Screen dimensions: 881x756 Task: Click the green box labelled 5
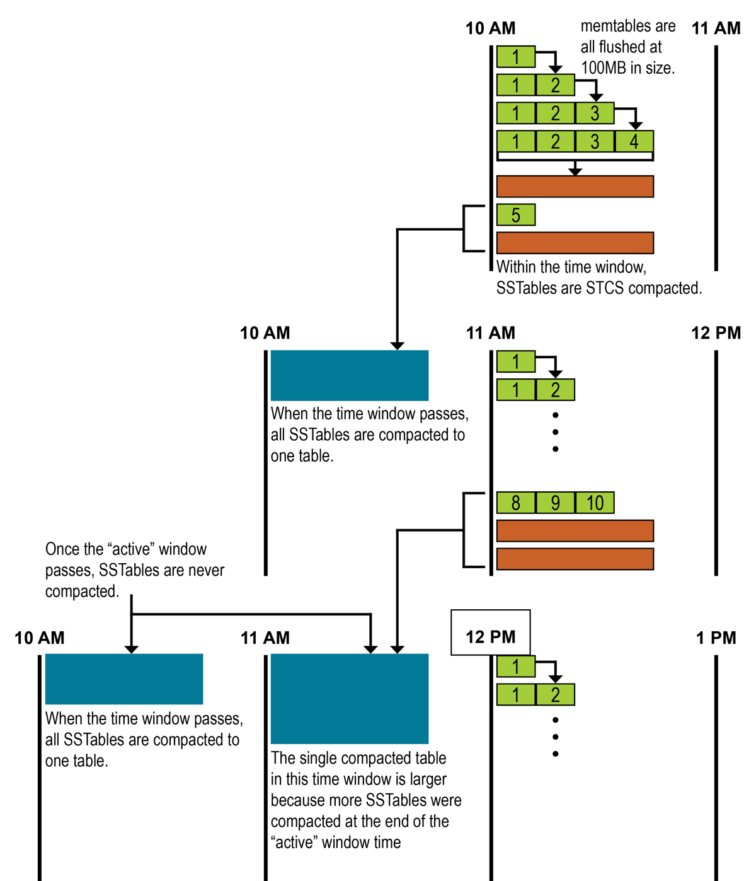[516, 215]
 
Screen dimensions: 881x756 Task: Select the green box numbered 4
[634, 141]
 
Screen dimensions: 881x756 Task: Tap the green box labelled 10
[595, 503]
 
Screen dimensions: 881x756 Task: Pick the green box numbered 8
[516, 503]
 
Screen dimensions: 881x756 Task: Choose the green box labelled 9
[555, 503]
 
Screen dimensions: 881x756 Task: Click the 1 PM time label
[716, 638]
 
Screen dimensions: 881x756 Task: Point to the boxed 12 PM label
[490, 637]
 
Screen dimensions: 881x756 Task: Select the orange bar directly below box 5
[575, 243]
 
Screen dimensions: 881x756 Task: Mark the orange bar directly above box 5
[575, 187]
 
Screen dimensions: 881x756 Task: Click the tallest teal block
[350, 698]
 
